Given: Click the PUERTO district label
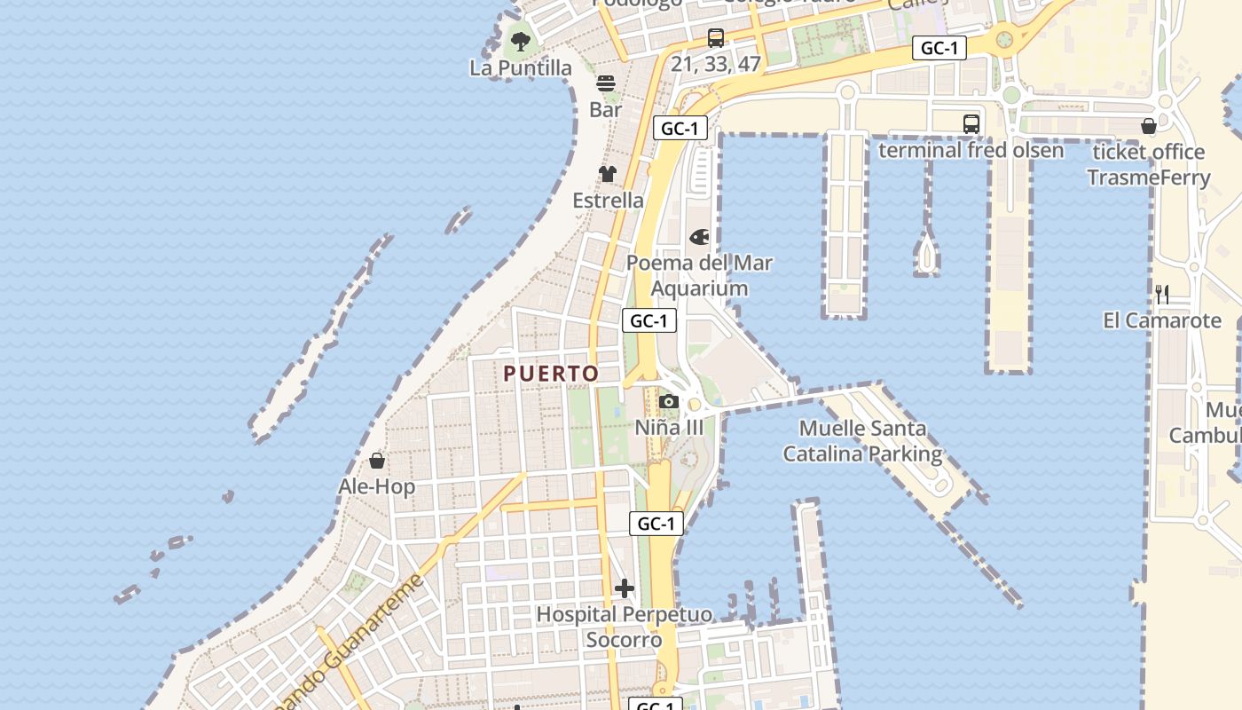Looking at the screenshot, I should click(551, 374).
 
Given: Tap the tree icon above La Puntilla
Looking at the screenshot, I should click(521, 41).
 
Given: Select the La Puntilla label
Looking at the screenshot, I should click(521, 67).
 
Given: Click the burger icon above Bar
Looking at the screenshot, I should click(606, 83).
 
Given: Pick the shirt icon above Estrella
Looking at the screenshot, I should click(608, 174).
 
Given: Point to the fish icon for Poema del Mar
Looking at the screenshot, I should click(699, 237).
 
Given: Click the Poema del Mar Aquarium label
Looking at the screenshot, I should click(699, 275).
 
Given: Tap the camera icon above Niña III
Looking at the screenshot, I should click(669, 402).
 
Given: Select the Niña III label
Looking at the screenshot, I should click(669, 428).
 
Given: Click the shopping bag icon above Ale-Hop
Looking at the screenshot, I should click(377, 461).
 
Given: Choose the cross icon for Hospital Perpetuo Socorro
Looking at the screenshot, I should click(625, 588).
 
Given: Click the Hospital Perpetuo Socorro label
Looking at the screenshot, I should click(624, 627).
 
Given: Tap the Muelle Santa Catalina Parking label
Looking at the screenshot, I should click(861, 441).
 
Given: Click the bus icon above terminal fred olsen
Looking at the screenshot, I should click(971, 124).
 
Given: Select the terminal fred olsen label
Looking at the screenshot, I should click(971, 150).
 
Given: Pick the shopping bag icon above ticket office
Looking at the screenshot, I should click(1149, 126).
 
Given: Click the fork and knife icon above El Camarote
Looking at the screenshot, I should click(1162, 294).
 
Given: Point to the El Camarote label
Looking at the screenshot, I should click(1162, 320).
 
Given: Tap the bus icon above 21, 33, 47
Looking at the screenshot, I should click(716, 38).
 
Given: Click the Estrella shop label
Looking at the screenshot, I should click(608, 201).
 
